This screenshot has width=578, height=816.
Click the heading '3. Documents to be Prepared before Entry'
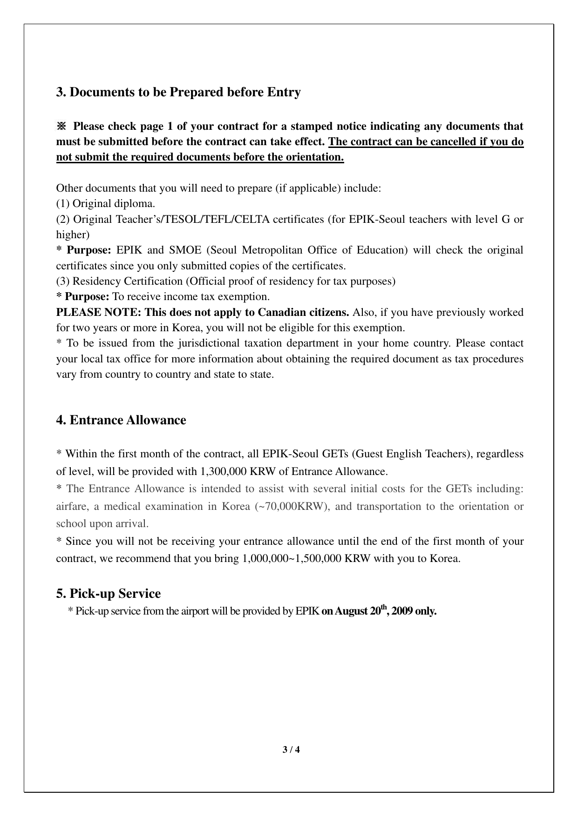[178, 92]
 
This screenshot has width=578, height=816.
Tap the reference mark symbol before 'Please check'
[61, 126]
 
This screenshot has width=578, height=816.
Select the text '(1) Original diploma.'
[106, 204]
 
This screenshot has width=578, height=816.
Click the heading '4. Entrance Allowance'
[121, 420]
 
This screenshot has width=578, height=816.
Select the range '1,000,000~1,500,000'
[292, 559]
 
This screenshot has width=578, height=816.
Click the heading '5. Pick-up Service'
[109, 594]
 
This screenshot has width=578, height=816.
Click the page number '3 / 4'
[291, 750]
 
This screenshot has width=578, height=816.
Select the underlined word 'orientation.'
[318, 157]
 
